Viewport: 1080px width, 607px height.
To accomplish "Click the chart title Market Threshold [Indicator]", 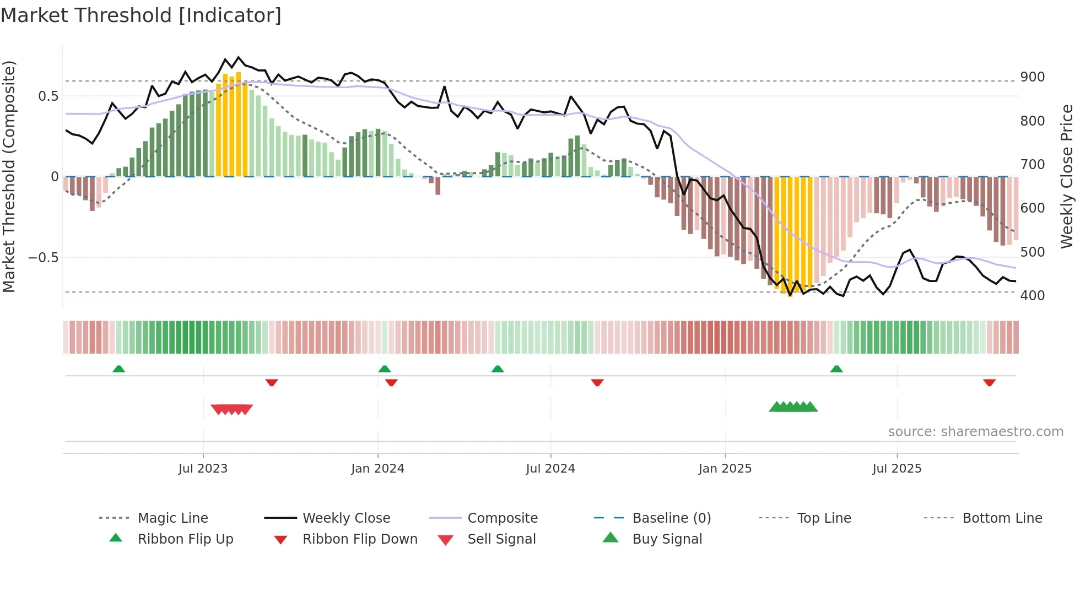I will point(141,15).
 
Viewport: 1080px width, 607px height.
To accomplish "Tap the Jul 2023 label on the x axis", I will point(203,469).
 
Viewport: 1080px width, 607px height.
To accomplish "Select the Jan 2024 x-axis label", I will point(377,469).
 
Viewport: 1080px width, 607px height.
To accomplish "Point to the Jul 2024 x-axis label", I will point(550,469).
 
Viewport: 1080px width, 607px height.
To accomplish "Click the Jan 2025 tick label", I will point(725,469).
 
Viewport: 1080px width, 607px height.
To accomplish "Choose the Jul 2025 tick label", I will point(897,469).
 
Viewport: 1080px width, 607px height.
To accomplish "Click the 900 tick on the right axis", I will point(1032,77).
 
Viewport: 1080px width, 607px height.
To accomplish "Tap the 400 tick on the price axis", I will point(1032,296).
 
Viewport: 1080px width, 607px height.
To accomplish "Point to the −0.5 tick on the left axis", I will point(43,258).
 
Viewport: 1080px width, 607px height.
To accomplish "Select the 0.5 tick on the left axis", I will point(48,96).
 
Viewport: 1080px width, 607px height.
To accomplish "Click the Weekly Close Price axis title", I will point(1067,176).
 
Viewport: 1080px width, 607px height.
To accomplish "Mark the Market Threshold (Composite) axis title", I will point(9,176).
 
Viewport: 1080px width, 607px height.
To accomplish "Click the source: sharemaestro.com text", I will point(975,432).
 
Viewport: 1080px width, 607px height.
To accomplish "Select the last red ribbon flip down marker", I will point(989,382).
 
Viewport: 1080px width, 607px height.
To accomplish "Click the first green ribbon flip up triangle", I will point(118,369).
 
